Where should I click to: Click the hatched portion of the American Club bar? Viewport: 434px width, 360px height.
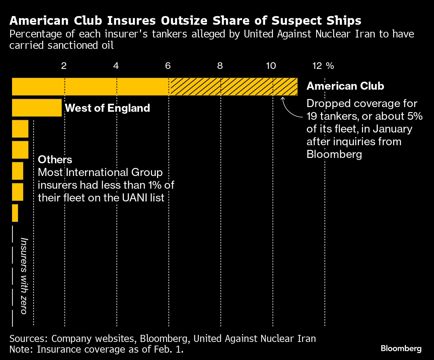coord(233,87)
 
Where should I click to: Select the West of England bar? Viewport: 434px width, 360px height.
coord(37,108)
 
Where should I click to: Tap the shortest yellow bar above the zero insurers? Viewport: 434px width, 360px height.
coord(15,213)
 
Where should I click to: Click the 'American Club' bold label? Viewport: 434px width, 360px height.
coord(345,86)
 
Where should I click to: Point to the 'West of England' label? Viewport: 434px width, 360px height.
coord(107,108)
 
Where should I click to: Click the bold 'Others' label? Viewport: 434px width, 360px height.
coord(55,160)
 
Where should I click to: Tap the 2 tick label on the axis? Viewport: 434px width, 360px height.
coord(64,66)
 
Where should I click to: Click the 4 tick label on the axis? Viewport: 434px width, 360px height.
coord(116,66)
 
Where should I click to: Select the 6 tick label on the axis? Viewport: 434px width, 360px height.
coord(168,66)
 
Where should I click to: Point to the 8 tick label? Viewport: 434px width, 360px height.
coord(220,66)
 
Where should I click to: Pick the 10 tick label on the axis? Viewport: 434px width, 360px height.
coord(271,66)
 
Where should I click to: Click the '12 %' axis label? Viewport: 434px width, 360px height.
coord(323,66)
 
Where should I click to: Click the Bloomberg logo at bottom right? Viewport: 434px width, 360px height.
coord(401,348)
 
